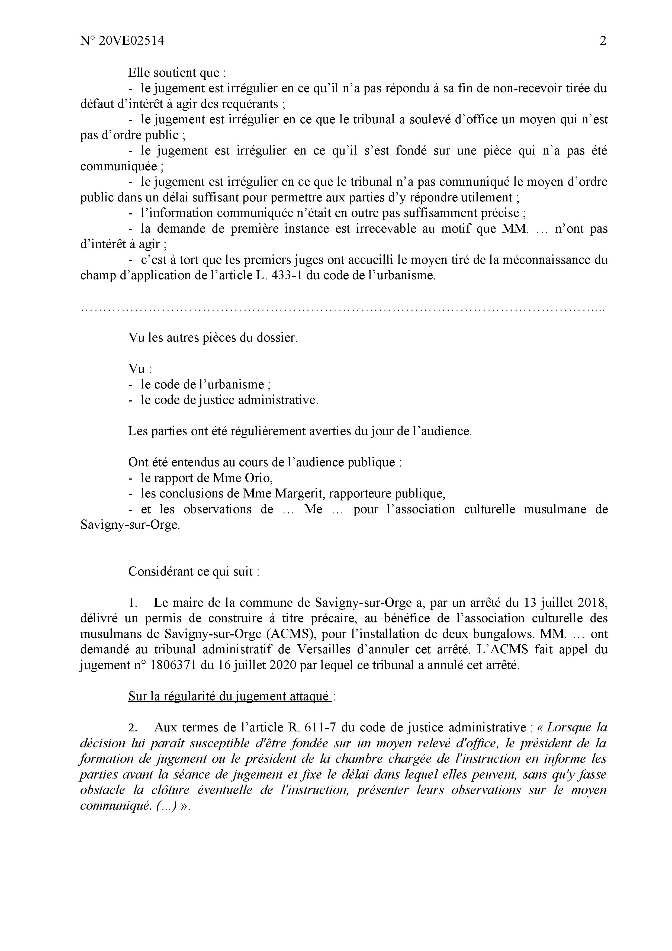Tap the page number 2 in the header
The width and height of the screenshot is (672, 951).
(603, 41)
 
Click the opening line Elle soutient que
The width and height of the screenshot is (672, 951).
(177, 73)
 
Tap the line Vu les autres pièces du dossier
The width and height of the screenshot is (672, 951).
(213, 338)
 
